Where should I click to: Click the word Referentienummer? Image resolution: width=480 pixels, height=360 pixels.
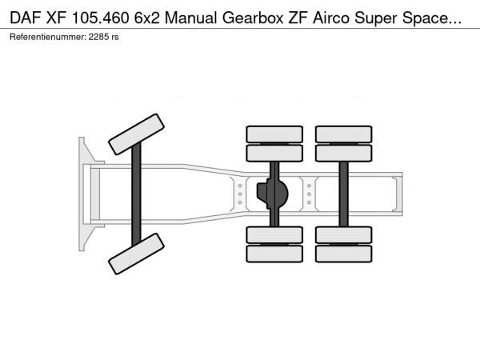(x=45, y=37)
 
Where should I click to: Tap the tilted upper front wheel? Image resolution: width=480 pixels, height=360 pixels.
(x=136, y=134)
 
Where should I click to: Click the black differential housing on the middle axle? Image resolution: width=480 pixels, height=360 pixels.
(x=271, y=194)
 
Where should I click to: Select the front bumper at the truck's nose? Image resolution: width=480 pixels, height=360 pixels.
(x=82, y=194)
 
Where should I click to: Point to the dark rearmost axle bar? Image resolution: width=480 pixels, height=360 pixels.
(x=344, y=194)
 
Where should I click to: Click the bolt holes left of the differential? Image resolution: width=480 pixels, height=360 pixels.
(x=239, y=194)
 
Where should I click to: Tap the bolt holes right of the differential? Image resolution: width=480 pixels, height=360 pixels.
(x=309, y=194)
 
